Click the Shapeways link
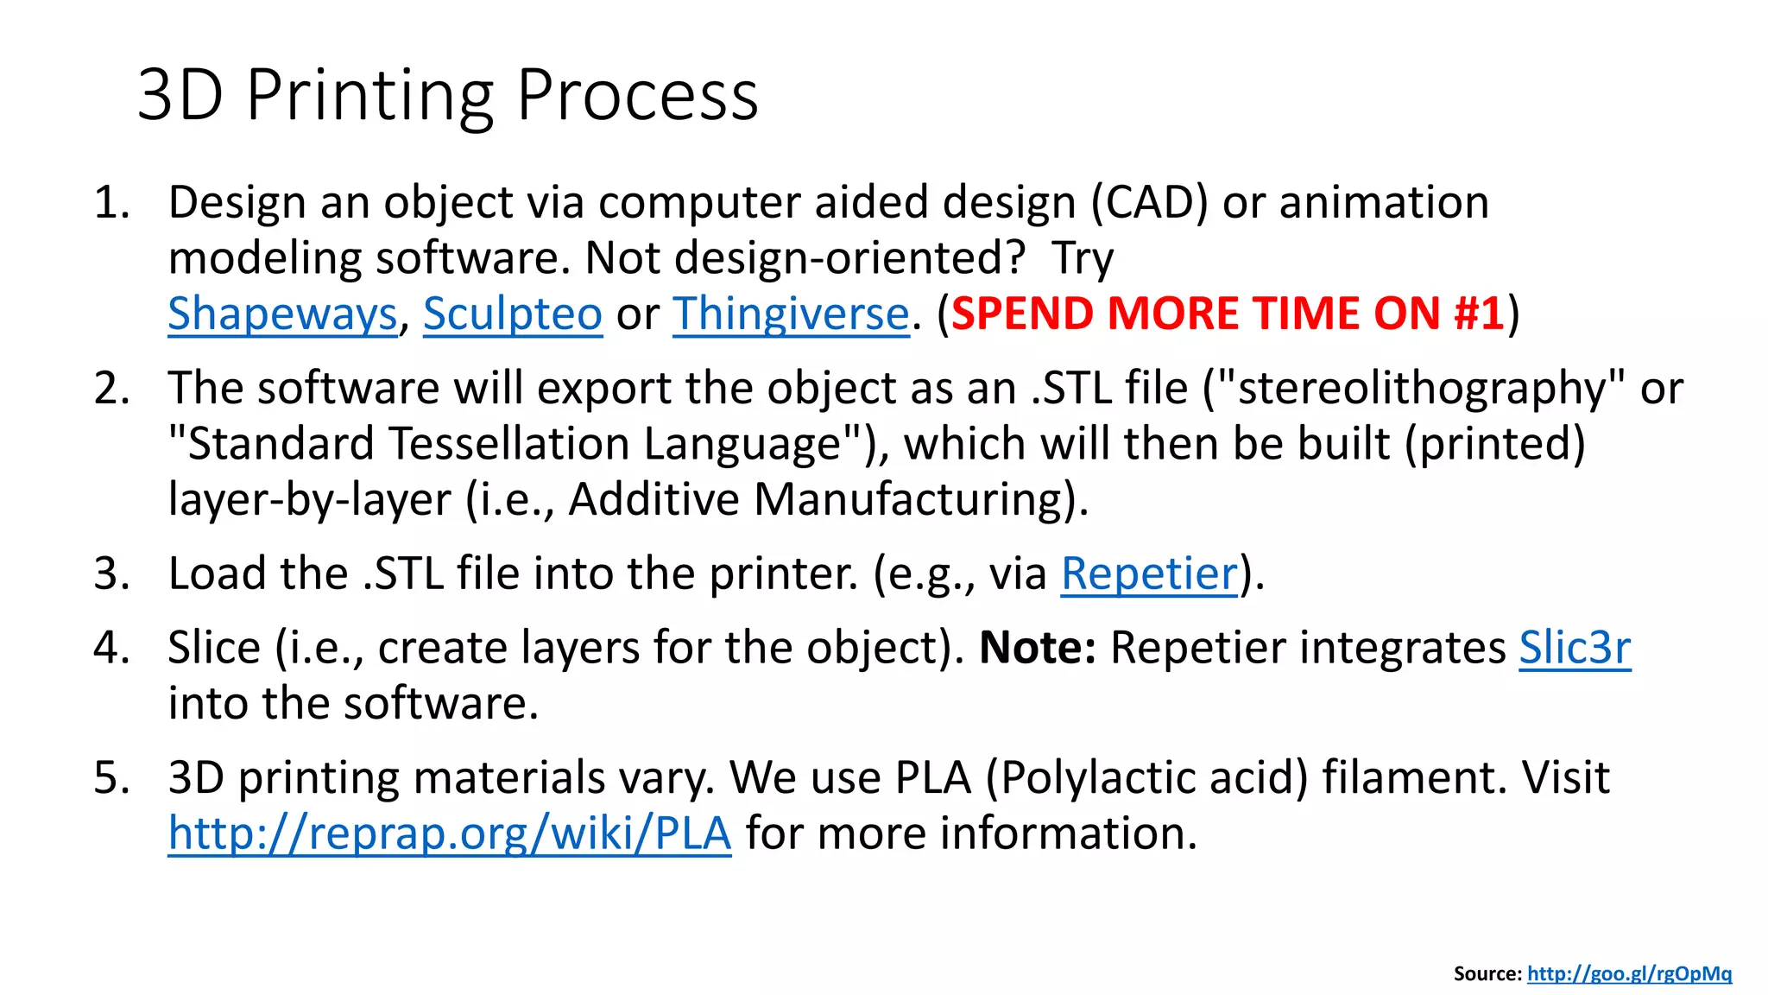click(281, 314)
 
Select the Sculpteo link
click(512, 314)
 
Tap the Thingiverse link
click(791, 314)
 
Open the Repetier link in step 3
click(1149, 574)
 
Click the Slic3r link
click(1575, 648)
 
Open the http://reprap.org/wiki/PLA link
click(449, 833)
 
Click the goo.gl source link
click(1629, 973)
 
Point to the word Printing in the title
click(369, 95)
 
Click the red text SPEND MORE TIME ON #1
click(1228, 314)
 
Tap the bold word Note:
click(1037, 648)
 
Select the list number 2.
click(111, 388)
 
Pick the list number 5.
click(111, 777)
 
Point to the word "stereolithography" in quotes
click(1422, 388)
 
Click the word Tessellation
click(508, 444)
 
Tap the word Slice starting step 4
click(213, 648)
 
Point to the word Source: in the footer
click(1487, 973)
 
